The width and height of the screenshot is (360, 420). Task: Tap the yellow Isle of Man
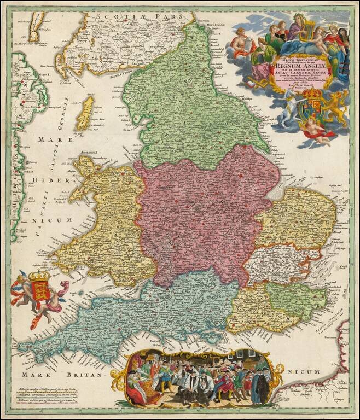pyautogui.click(x=86, y=113)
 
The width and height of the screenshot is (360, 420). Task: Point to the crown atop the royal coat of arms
pyautogui.click(x=313, y=93)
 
